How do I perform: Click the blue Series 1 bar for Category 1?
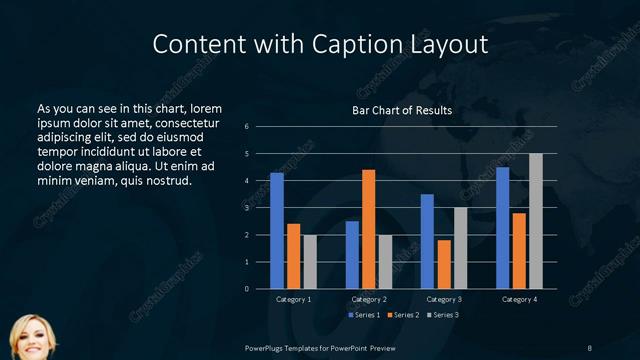tap(277, 231)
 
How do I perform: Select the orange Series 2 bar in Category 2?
tap(369, 229)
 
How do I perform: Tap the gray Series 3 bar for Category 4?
tap(536, 221)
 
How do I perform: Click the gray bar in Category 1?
tap(310, 262)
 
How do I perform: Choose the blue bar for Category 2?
tap(352, 255)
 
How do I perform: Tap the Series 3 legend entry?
tap(443, 315)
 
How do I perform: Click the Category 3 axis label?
tap(444, 299)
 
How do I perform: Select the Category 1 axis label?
tap(293, 299)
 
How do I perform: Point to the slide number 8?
tap(589, 347)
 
